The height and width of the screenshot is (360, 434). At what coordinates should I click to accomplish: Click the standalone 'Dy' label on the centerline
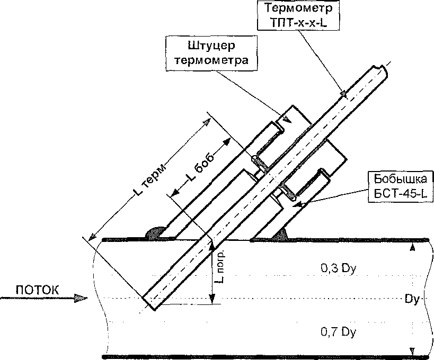(411, 299)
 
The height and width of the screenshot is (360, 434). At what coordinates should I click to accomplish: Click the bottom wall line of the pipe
(265, 357)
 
